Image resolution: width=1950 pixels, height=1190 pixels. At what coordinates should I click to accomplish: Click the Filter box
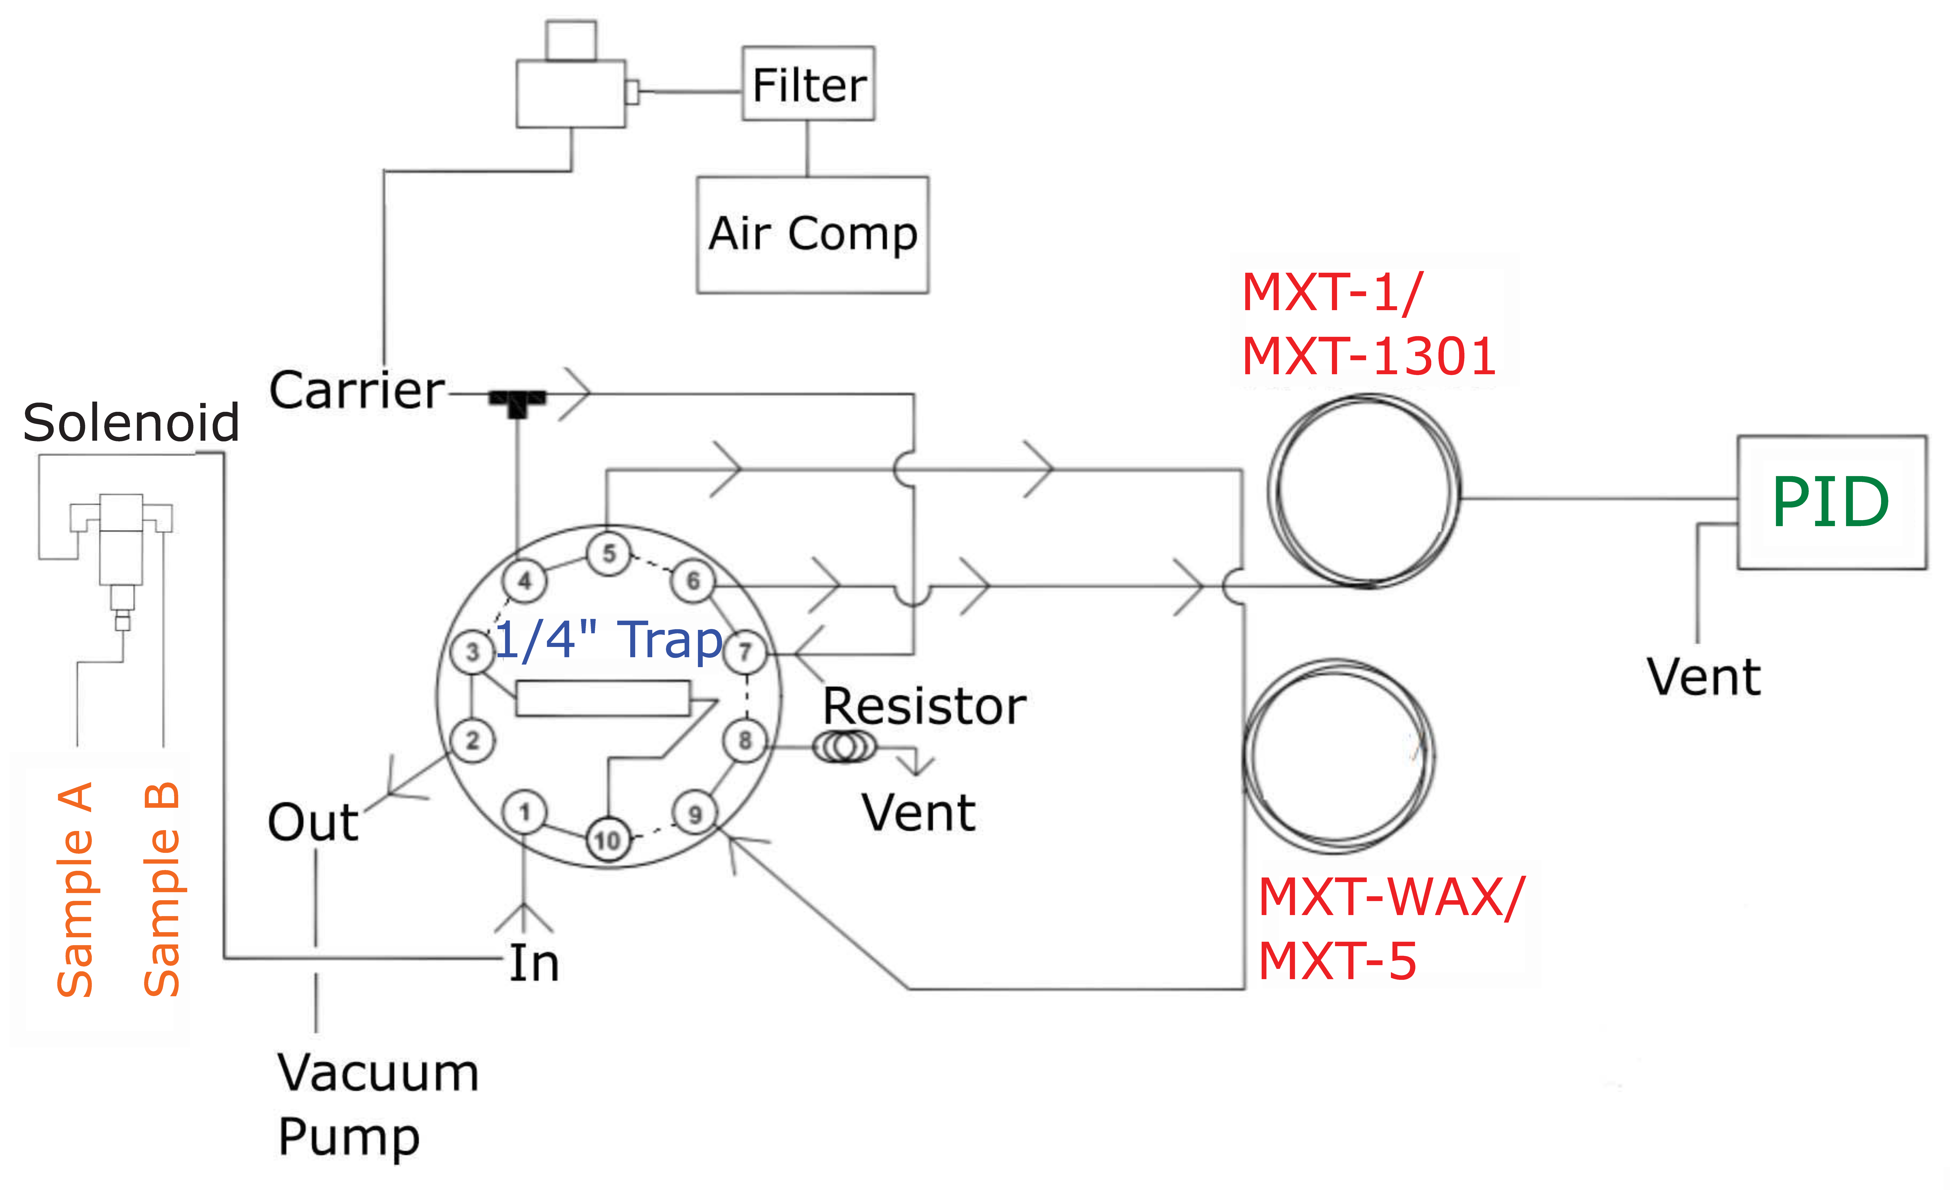808,84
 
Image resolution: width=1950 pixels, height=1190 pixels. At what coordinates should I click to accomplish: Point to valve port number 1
524,812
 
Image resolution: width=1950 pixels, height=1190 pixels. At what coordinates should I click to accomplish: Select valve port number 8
745,741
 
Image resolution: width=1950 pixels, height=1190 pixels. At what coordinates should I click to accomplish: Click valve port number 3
473,652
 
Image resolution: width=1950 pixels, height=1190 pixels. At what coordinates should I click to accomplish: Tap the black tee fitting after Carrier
517,401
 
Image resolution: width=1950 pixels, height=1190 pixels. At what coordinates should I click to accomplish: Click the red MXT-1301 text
1368,356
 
